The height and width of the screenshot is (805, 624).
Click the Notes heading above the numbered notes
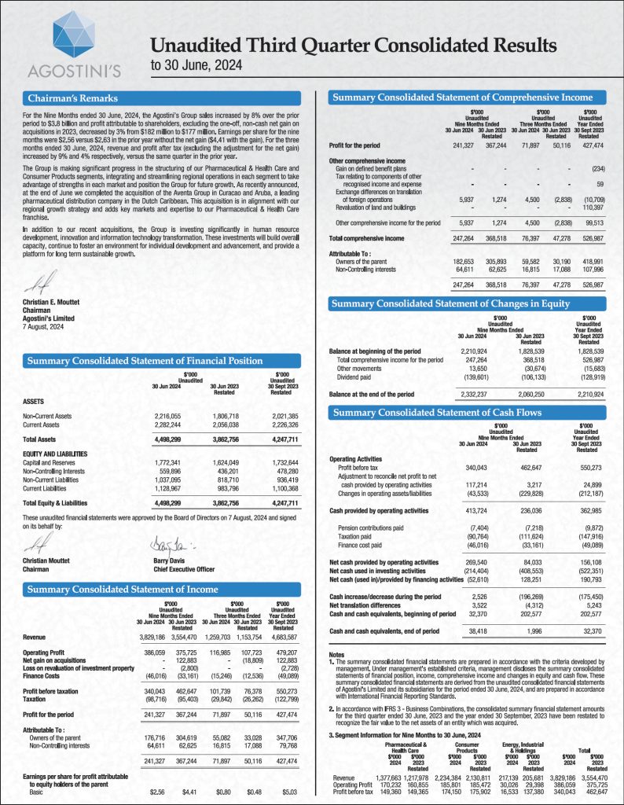point(337,653)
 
